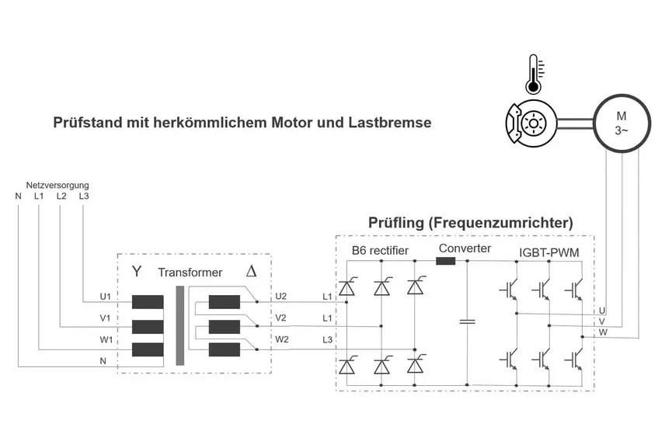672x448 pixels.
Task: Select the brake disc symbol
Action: [x=532, y=123]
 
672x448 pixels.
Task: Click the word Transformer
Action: [x=190, y=273]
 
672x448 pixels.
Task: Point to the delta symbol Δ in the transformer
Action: [x=251, y=272]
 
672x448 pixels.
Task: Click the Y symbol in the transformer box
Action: [x=138, y=272]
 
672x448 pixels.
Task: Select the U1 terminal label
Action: [x=106, y=297]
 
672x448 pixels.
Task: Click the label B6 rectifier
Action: [x=379, y=251]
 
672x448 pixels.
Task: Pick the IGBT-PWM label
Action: [x=548, y=252]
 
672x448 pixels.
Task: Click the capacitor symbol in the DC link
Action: [x=467, y=320]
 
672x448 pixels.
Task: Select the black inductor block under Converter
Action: [x=446, y=261]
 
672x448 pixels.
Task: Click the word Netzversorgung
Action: [x=57, y=186]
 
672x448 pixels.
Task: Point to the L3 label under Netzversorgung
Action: [x=84, y=196]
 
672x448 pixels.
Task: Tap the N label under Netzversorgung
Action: [x=18, y=196]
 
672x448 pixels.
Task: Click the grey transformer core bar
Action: [x=180, y=326]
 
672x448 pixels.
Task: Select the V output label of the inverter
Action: [x=603, y=321]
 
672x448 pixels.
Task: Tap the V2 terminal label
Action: [x=280, y=318]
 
